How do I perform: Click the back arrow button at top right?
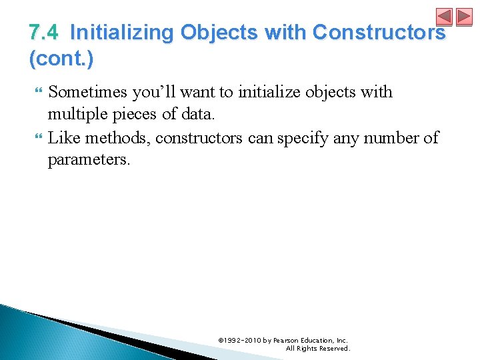tap(444, 17)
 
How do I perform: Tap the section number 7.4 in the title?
tap(45, 33)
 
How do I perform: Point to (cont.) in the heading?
tap(61, 59)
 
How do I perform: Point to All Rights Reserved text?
tap(317, 348)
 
